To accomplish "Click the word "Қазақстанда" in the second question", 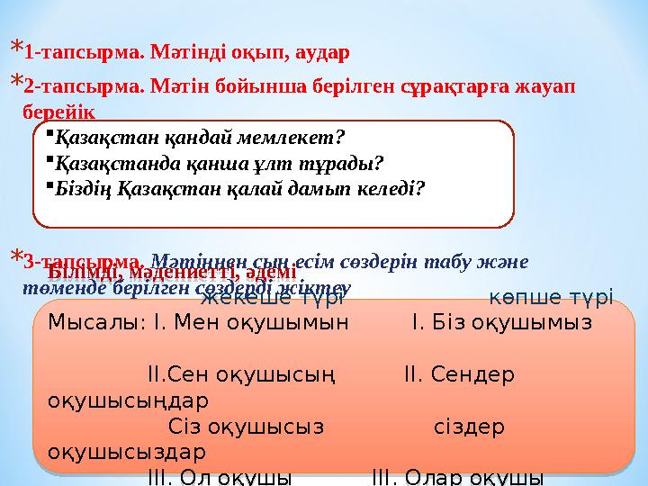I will tap(107, 164).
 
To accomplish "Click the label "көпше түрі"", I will tap(551, 297).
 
